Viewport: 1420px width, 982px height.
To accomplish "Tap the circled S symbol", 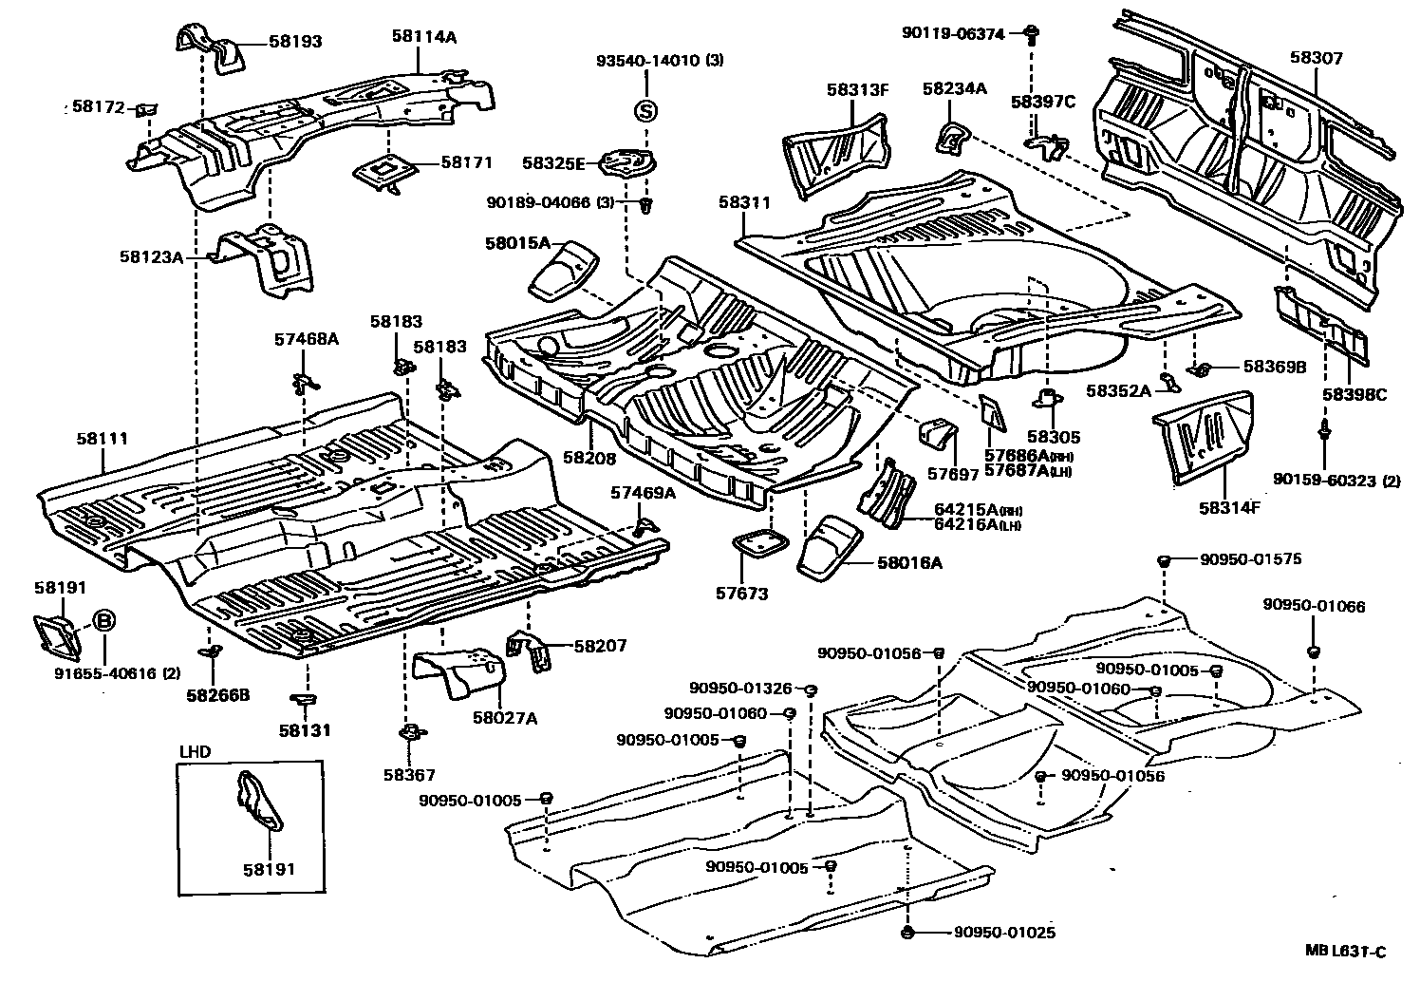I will (645, 110).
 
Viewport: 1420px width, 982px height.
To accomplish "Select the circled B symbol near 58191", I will (105, 622).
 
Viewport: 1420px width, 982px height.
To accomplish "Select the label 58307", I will (1316, 57).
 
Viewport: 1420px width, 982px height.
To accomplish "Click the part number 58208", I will (589, 458).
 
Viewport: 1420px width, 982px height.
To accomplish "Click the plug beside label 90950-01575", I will (1163, 562).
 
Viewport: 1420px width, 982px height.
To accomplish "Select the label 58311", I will (744, 203).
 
